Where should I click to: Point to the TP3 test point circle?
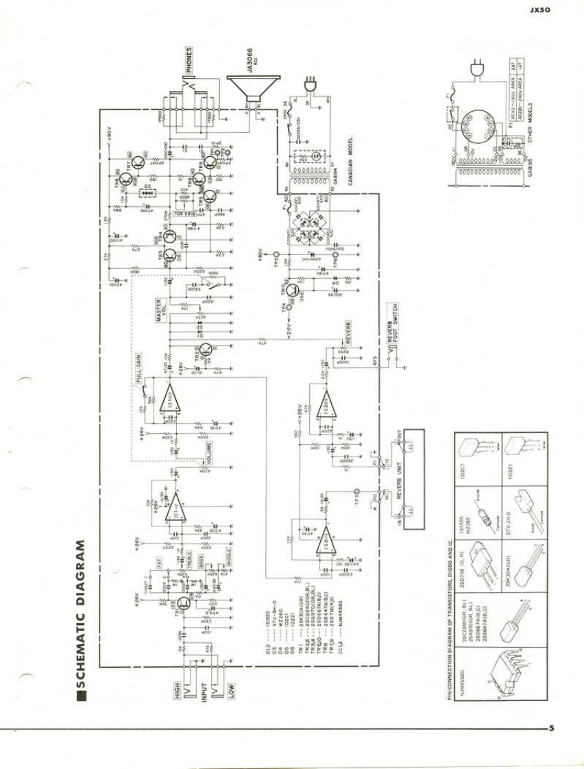(x=357, y=492)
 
